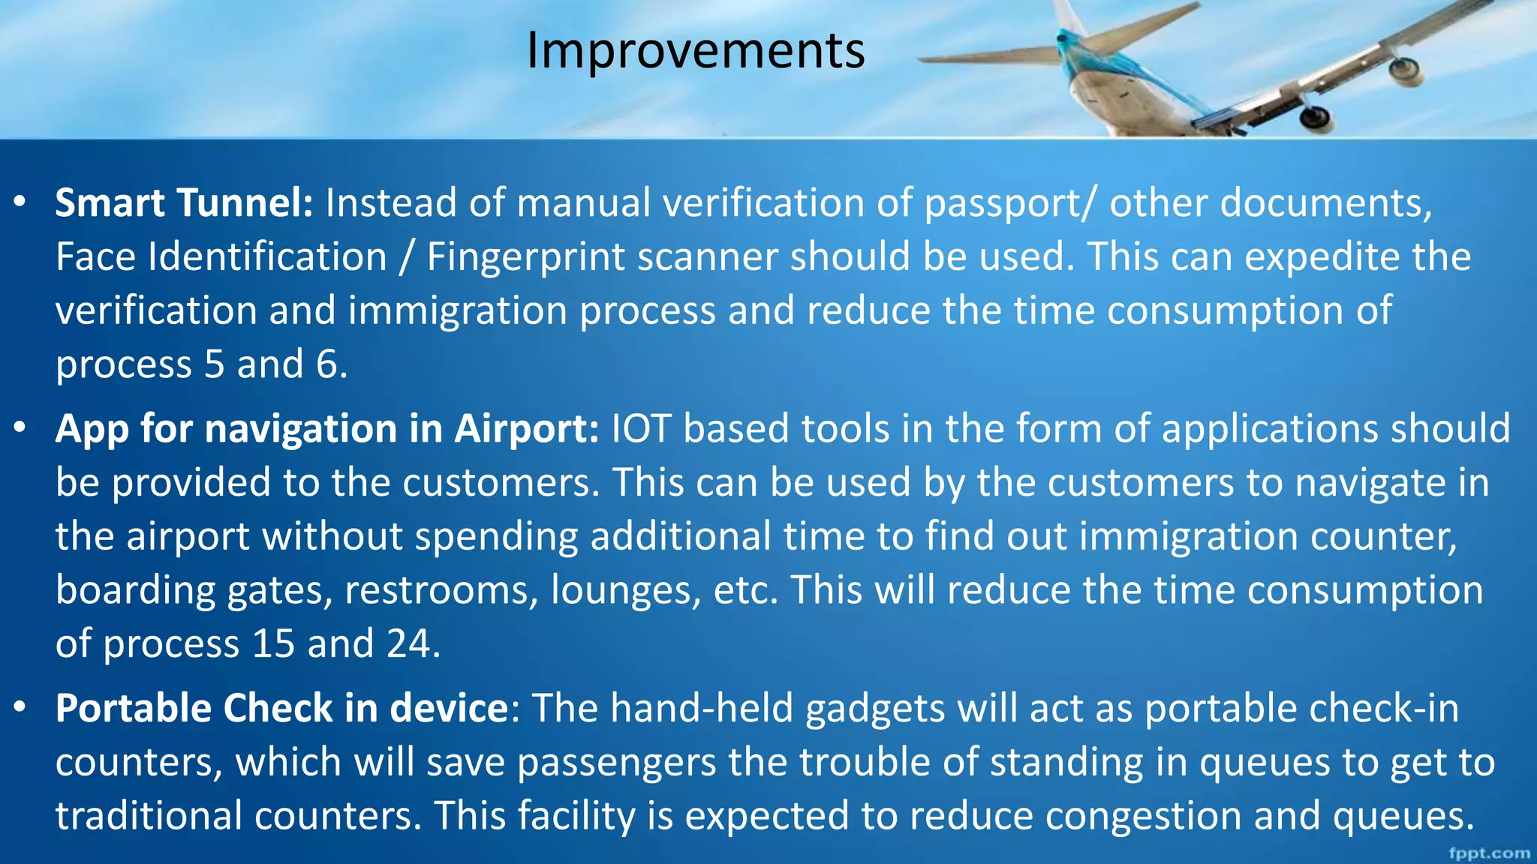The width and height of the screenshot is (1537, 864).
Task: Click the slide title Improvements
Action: pos(695,51)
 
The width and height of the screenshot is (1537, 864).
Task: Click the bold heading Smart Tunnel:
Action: pos(184,203)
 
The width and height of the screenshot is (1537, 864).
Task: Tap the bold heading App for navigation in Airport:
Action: pos(326,429)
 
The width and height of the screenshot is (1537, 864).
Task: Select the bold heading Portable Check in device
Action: pos(282,709)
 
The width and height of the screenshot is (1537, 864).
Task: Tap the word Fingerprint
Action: pos(525,257)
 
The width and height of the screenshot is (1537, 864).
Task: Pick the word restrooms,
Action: pos(441,590)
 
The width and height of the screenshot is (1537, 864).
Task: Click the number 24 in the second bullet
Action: pos(408,644)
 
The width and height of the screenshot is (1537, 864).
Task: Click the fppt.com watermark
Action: pos(1489,853)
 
